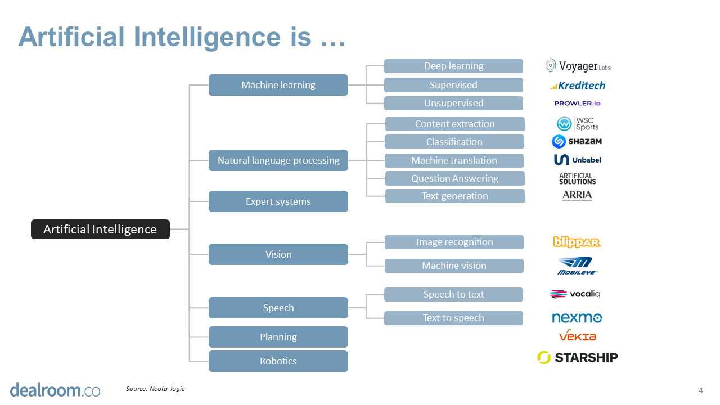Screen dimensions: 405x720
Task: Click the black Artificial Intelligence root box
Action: [100, 229]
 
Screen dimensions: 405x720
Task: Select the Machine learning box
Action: [278, 85]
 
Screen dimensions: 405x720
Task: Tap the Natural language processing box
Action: [278, 160]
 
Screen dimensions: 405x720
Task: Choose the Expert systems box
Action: [278, 201]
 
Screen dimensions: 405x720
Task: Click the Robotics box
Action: [278, 361]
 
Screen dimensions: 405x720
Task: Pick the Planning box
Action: [278, 337]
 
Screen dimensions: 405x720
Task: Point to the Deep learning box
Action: [453, 66]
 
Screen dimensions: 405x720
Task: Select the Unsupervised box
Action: [453, 103]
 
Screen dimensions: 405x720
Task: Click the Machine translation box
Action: [454, 160]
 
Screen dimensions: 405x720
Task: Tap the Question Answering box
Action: [454, 178]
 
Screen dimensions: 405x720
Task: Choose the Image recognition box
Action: [454, 242]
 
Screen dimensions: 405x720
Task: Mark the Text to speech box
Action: [453, 318]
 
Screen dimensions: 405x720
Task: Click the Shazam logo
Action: [577, 141]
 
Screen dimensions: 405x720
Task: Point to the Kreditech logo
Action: [578, 85]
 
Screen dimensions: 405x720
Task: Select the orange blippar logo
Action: [577, 242]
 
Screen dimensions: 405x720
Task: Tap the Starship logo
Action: [578, 357]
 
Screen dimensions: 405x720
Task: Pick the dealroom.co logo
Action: [55, 390]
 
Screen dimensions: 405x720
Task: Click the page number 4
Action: [700, 390]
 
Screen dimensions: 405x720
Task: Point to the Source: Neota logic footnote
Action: [155, 389]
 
